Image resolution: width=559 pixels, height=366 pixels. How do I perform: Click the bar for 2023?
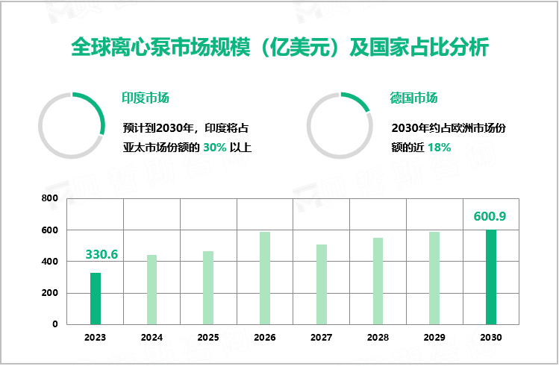pos(96,298)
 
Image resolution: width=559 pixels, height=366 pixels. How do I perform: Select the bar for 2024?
pos(152,289)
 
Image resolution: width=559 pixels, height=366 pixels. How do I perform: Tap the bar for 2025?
pos(208,287)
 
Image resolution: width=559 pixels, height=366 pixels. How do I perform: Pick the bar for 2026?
pos(265,277)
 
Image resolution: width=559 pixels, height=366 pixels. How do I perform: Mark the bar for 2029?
pos(434,277)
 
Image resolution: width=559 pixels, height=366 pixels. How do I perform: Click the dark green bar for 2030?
pos(491,277)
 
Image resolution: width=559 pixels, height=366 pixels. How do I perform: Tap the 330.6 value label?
pos(102,254)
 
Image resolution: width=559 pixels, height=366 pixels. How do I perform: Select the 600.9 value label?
pos(490,216)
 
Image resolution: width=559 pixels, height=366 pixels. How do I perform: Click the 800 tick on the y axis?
pos(49,199)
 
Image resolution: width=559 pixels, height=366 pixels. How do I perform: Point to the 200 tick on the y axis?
pos(49,293)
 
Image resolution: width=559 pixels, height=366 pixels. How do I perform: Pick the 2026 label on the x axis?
pos(265,337)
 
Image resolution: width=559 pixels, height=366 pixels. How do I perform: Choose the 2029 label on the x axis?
pos(434,337)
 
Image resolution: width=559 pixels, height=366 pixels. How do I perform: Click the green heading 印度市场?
pos(146,98)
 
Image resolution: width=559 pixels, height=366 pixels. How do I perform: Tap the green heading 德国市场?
pos(413,98)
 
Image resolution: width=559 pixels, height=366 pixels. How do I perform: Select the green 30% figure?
pos(213,148)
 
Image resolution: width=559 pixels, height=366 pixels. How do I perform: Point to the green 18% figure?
pos(439,148)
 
